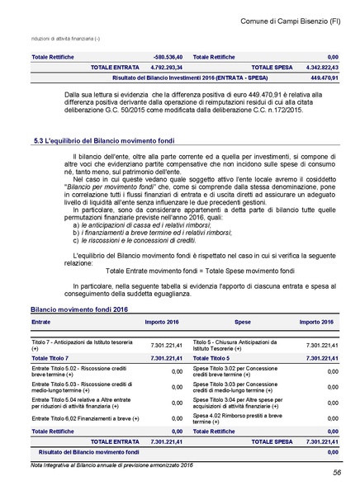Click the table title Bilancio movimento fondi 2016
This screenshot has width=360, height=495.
tap(79, 309)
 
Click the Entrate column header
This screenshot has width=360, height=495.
tap(41, 322)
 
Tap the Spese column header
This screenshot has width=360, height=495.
tap(243, 322)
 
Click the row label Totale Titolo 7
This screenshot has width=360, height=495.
tap(50, 358)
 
